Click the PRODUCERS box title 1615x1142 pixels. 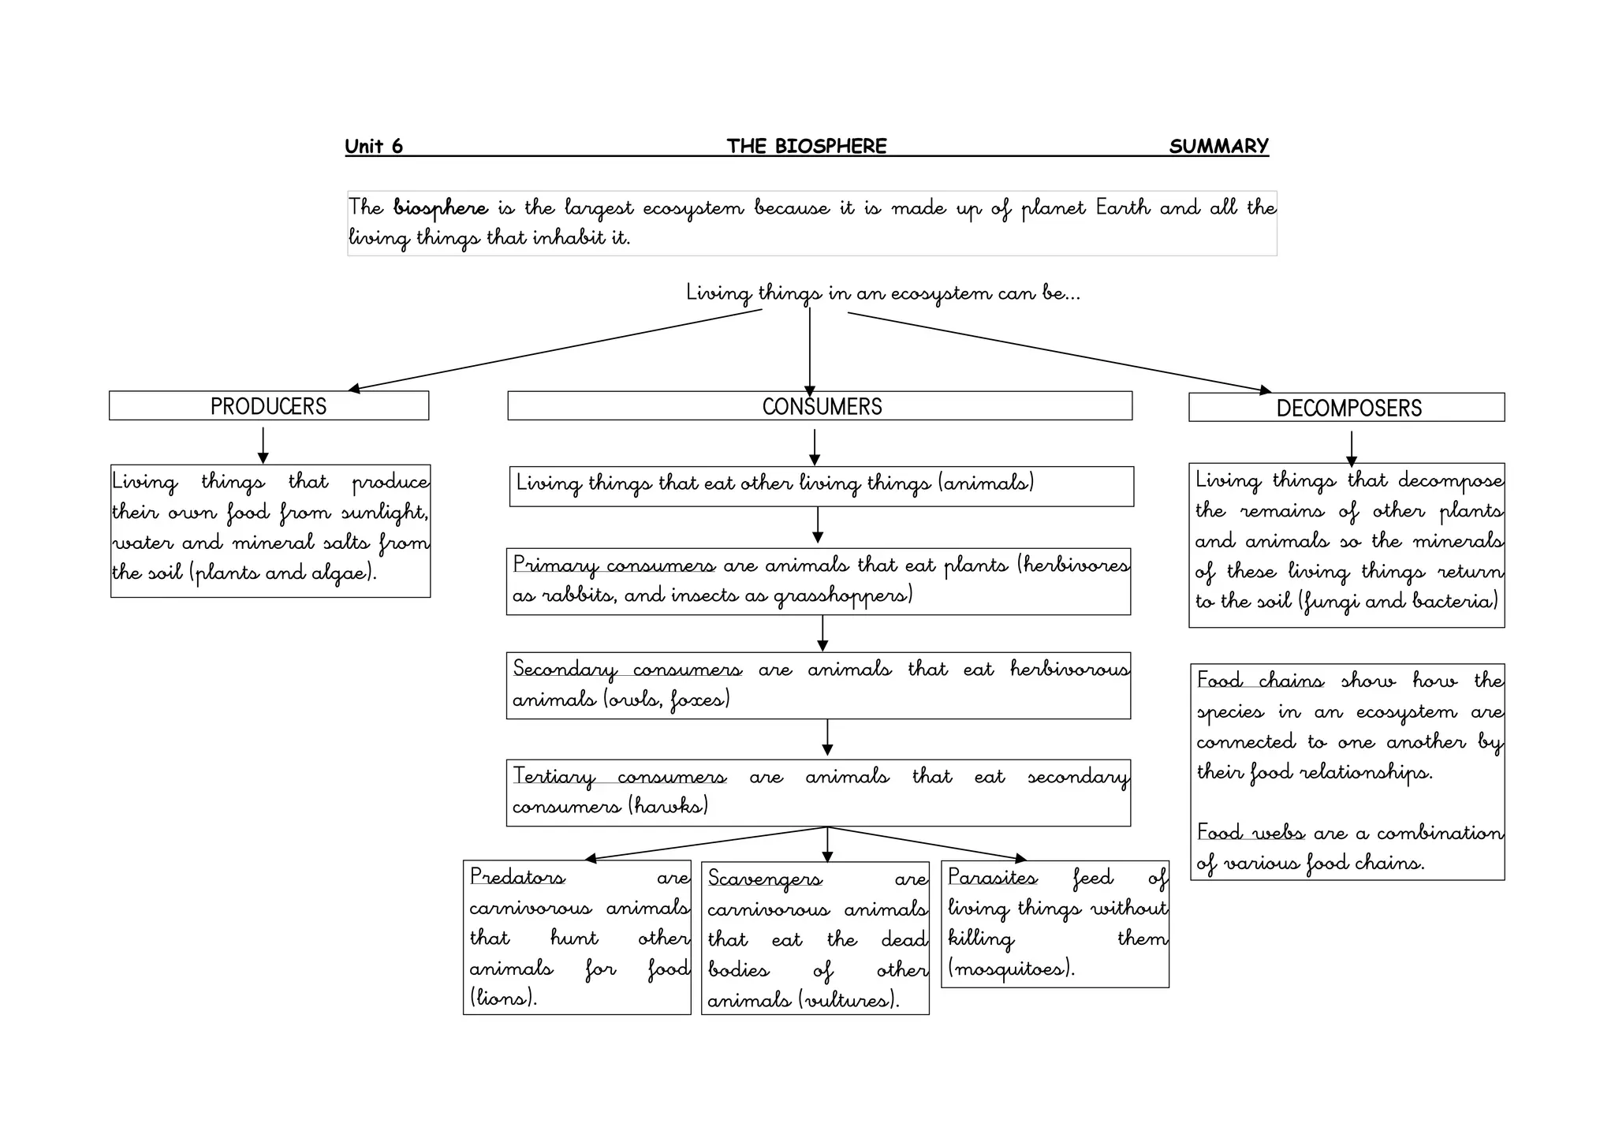point(268,406)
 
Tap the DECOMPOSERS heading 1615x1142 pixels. point(1348,408)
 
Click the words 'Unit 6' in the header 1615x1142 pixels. point(374,146)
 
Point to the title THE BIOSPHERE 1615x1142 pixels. point(807,146)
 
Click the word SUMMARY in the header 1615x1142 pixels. point(1218,146)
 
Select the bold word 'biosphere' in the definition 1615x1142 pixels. point(441,208)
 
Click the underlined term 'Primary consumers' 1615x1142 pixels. point(614,565)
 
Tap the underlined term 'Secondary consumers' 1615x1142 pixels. point(627,670)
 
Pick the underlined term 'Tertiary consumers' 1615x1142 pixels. point(620,777)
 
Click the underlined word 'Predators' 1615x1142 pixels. point(517,877)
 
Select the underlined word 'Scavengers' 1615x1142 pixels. point(764,879)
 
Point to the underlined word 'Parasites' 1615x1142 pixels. point(992,877)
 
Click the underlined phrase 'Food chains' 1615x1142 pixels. point(1259,681)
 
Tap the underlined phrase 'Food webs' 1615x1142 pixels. point(1250,833)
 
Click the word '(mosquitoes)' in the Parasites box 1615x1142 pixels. point(1011,968)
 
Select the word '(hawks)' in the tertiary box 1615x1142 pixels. point(669,806)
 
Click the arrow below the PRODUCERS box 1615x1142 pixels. point(263,445)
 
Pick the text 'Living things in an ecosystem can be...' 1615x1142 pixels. point(882,293)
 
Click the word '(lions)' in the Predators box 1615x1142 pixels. point(503,998)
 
